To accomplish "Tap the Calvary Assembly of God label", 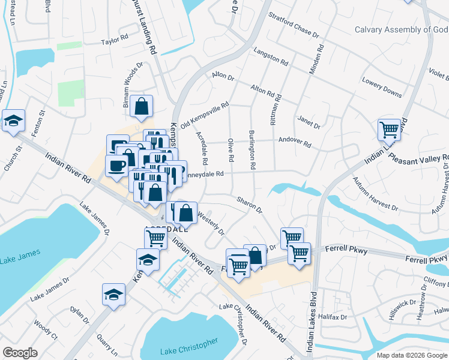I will click(401, 29).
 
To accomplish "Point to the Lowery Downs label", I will click(382, 86).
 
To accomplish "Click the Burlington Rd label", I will click(253, 148).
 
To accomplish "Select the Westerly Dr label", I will click(210, 223).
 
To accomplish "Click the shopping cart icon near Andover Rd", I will click(389, 129).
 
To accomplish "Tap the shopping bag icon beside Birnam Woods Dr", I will click(141, 106).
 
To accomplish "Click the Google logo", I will click(20, 353).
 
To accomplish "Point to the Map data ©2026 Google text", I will click(411, 355).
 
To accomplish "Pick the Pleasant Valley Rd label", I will click(419, 160).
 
